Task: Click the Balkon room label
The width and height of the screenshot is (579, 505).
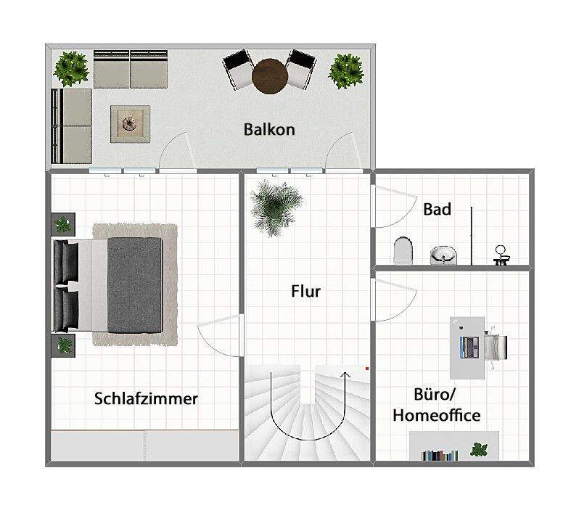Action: point(269,130)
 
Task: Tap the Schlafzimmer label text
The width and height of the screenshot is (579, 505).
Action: point(146,398)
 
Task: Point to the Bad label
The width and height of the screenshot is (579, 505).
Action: point(438,210)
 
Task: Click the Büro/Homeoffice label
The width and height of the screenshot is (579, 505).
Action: point(436,406)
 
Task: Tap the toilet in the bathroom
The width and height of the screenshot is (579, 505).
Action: point(402,251)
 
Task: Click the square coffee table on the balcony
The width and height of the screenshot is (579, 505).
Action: point(131,123)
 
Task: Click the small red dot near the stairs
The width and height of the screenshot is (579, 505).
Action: point(368,369)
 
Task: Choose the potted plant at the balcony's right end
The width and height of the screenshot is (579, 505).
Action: point(345,71)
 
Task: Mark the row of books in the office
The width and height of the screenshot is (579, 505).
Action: point(441,456)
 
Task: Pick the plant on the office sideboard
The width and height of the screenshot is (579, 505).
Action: point(479,449)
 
